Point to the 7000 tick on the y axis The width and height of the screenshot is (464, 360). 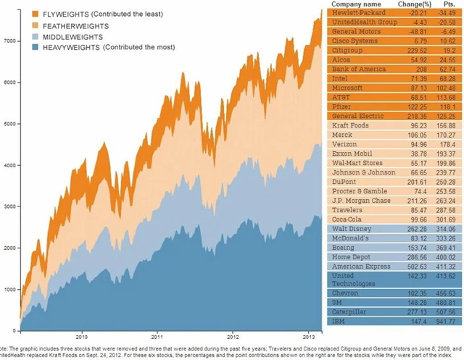click(x=8, y=41)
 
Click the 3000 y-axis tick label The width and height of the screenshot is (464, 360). click(x=8, y=206)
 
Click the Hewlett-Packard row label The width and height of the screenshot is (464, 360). click(x=357, y=14)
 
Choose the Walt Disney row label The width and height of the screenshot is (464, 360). click(x=351, y=227)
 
